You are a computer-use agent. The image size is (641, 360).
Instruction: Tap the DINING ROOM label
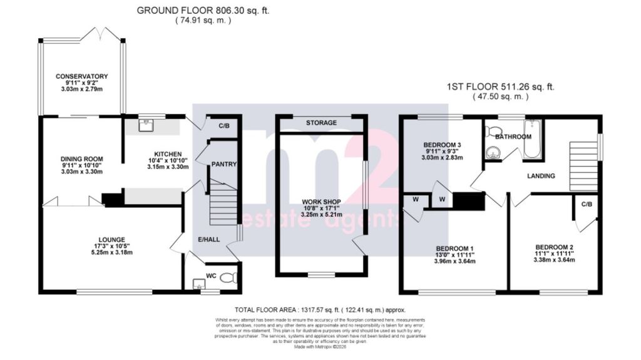click(x=82, y=159)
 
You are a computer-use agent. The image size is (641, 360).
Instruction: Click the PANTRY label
click(x=222, y=164)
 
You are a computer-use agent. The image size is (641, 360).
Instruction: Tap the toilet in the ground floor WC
click(x=228, y=275)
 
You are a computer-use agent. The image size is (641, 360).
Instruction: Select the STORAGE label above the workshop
click(x=322, y=123)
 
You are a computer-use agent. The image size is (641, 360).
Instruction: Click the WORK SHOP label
click(x=321, y=193)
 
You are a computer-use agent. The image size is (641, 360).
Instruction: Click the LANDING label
click(x=541, y=176)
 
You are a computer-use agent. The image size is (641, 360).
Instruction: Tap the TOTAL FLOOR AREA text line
click(x=320, y=310)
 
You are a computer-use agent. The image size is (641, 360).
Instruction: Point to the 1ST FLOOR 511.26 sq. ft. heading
click(x=501, y=87)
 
